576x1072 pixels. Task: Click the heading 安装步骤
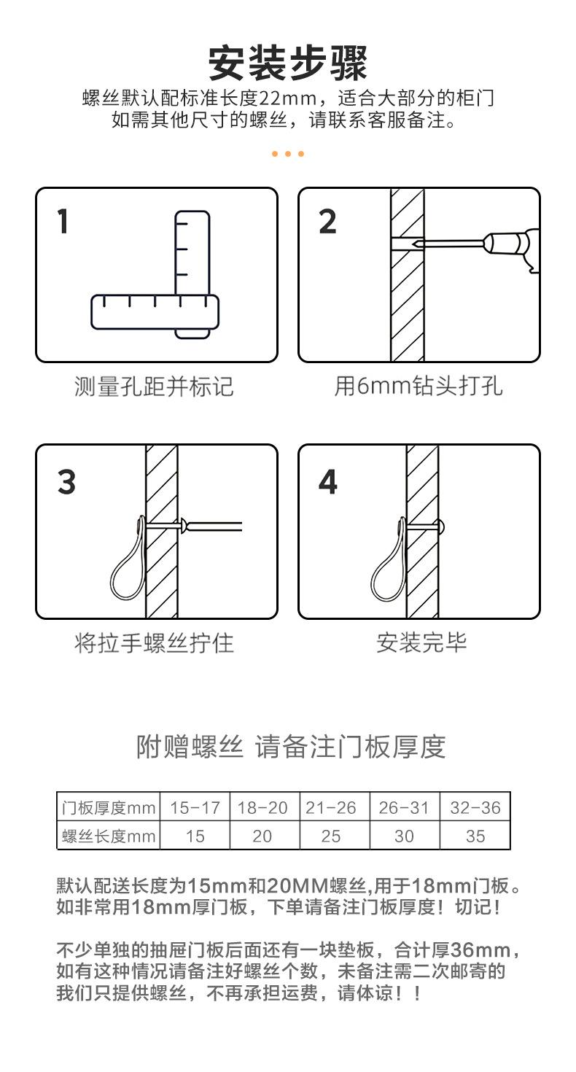click(288, 63)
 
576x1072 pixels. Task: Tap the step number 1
click(63, 221)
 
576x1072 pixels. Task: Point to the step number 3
click(66, 481)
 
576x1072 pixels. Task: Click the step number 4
click(327, 481)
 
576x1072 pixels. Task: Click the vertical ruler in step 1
click(192, 274)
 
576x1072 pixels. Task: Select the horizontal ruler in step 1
click(155, 312)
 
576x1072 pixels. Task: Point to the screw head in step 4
click(440, 527)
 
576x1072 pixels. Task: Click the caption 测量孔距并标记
click(154, 387)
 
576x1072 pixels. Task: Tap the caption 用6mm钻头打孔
click(419, 386)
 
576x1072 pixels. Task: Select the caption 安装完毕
click(421, 642)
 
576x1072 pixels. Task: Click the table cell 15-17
click(195, 808)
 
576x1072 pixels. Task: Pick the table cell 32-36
click(475, 808)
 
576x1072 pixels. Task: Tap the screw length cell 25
click(331, 836)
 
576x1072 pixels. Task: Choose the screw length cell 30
click(404, 836)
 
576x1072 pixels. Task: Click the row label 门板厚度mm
click(109, 808)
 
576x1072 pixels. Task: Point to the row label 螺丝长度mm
click(109, 836)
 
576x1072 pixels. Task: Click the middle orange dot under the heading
click(287, 154)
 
